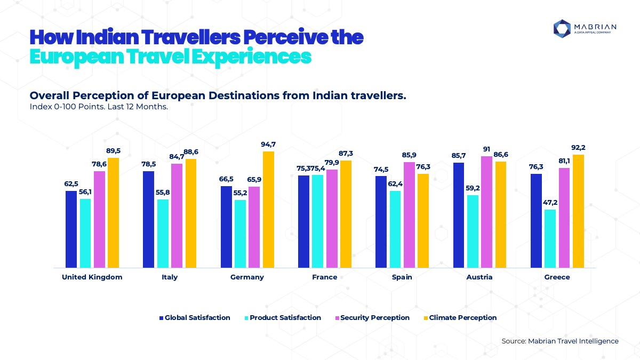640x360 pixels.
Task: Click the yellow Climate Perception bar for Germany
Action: tap(268, 209)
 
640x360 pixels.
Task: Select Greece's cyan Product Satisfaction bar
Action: tap(550, 238)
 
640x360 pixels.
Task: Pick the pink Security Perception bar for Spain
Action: tap(409, 214)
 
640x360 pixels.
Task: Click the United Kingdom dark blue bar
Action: tap(71, 229)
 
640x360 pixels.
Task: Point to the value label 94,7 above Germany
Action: tap(268, 145)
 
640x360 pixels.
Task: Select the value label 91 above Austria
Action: tap(487, 149)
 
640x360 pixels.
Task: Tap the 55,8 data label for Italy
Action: tap(163, 193)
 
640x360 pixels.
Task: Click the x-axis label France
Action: tap(325, 277)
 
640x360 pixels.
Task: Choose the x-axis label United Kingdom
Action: tap(92, 277)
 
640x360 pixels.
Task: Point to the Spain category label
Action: tap(402, 277)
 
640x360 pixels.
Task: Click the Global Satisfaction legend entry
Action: tap(195, 318)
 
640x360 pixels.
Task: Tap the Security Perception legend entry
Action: tap(372, 318)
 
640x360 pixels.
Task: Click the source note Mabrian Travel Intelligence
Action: tap(560, 341)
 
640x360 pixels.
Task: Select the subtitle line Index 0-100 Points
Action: tap(99, 107)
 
